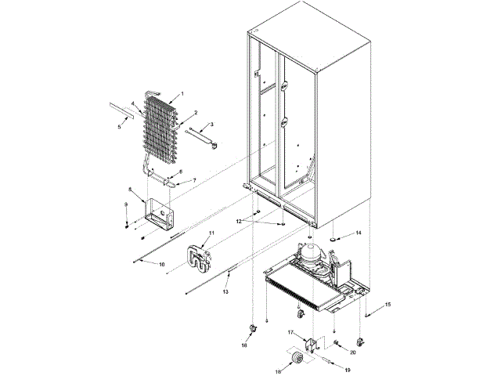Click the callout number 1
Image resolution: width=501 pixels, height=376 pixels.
pos(182,94)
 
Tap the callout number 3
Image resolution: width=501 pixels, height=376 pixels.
pos(210,125)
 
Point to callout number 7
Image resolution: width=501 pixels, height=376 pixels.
pos(194,181)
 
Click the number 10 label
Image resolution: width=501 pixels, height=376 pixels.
pos(162,266)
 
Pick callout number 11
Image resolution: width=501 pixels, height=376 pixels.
pos(210,234)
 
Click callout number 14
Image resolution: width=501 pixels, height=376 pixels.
pos(359,233)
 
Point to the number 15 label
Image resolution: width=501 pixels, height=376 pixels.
pos(387,305)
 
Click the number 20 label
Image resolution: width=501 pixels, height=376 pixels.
pos(352,353)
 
